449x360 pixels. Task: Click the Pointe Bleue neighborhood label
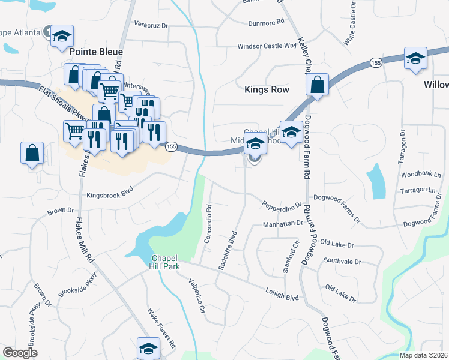[96, 52]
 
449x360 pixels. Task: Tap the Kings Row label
[267, 89]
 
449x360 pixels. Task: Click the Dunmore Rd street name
[266, 23]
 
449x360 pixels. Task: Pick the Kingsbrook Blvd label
[109, 195]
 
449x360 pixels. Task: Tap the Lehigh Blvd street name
[282, 294]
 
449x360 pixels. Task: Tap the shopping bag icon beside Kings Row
[318, 86]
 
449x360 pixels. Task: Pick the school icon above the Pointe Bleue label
[62, 37]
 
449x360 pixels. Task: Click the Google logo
[20, 353]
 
